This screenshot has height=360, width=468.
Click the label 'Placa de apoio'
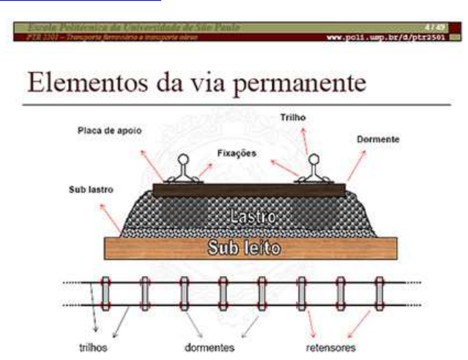[x=109, y=131]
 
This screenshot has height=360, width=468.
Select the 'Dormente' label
[x=379, y=138]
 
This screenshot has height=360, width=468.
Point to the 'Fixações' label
[x=237, y=154]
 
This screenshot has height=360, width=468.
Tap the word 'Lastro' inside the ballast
[x=251, y=217]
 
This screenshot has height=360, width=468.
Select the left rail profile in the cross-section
[x=182, y=169]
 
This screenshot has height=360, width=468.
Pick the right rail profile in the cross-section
[x=315, y=169]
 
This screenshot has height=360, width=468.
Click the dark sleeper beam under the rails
[x=249, y=190]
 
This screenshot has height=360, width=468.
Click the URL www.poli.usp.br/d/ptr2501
[x=387, y=38]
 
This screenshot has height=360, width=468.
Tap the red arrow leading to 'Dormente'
[x=356, y=165]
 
